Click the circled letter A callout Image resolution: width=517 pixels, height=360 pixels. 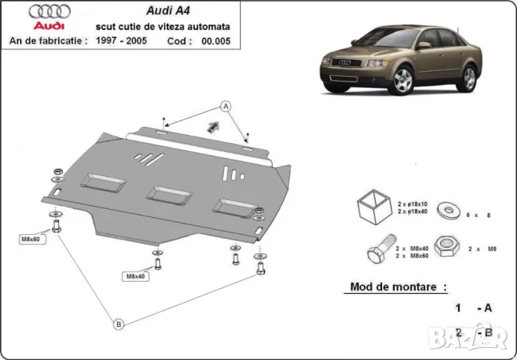[226, 107]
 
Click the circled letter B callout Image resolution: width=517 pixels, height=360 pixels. [119, 324]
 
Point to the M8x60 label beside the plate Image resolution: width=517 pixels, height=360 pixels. [32, 239]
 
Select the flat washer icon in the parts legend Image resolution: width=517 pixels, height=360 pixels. [447, 211]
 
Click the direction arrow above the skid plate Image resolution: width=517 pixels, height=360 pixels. [213, 126]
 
